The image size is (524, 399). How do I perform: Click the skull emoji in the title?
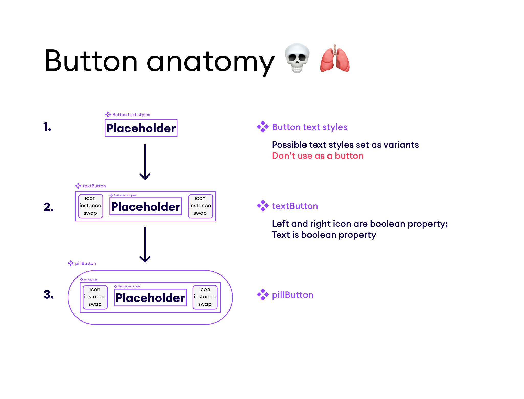[297, 58]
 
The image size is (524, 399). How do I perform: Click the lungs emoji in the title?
[335, 59]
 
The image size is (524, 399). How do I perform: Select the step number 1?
[47, 127]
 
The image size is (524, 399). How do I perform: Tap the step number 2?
[49, 207]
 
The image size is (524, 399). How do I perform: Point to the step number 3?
[49, 294]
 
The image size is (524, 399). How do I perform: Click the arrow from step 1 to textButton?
[145, 162]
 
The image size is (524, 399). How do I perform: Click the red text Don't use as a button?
[318, 156]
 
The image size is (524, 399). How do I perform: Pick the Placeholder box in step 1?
[141, 128]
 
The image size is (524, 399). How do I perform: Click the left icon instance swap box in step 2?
[90, 206]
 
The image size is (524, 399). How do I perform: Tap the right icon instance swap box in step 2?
[200, 206]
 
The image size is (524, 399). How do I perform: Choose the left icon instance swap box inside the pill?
[95, 297]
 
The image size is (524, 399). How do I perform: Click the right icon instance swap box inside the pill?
[205, 297]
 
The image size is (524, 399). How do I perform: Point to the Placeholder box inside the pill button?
[150, 297]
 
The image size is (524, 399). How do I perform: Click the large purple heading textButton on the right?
[295, 206]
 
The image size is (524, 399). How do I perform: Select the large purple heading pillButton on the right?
[292, 295]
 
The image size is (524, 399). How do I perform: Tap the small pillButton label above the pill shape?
[85, 263]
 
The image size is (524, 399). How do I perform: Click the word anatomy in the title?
[211, 61]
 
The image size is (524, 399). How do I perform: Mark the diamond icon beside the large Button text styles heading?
[263, 127]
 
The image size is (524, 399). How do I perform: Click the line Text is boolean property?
[324, 235]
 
